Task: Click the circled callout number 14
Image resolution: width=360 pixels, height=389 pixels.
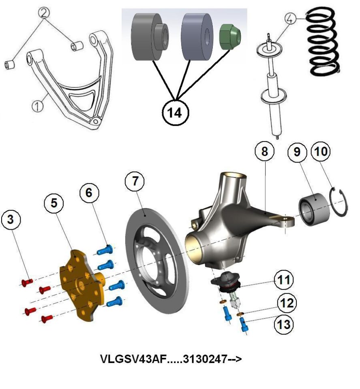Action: pyautogui.click(x=175, y=113)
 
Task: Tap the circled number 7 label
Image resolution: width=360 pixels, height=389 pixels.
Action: pyautogui.click(x=135, y=181)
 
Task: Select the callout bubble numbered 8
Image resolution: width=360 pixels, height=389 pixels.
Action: pyautogui.click(x=265, y=151)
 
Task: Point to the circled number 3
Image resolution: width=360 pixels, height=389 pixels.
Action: pyautogui.click(x=11, y=220)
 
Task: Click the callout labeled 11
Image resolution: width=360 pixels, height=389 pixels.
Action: pyautogui.click(x=284, y=280)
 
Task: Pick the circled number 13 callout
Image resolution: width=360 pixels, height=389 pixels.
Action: pyautogui.click(x=284, y=324)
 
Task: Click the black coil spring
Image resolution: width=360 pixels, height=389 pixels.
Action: pyautogui.click(x=323, y=41)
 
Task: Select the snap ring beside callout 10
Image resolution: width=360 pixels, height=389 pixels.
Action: pyautogui.click(x=339, y=203)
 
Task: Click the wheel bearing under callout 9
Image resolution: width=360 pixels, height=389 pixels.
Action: pyautogui.click(x=314, y=209)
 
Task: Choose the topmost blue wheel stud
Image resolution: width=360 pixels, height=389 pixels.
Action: pyautogui.click(x=104, y=250)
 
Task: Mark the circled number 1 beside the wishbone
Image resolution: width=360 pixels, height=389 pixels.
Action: pyautogui.click(x=37, y=106)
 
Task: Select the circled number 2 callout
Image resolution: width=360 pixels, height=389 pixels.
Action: pyautogui.click(x=44, y=13)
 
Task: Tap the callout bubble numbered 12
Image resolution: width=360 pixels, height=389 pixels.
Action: pyautogui.click(x=287, y=303)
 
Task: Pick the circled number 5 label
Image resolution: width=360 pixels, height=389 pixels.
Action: pyautogui.click(x=54, y=203)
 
